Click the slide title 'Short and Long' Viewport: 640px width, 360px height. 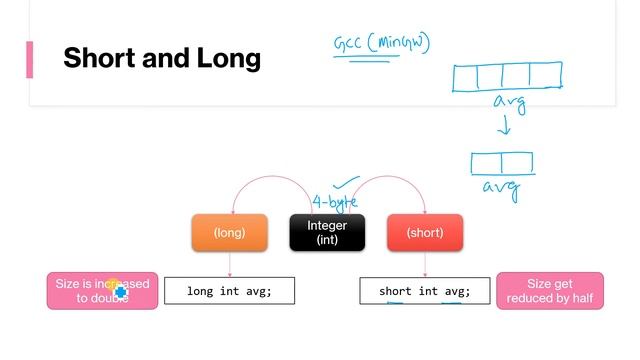161,58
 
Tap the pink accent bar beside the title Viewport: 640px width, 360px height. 29,59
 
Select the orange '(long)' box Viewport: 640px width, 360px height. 230,233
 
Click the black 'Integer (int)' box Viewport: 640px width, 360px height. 327,233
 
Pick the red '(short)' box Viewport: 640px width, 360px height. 425,233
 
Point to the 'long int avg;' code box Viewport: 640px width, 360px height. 229,291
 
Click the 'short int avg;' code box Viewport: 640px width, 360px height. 425,291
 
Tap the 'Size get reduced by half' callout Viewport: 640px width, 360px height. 550,291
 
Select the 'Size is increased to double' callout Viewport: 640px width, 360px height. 102,291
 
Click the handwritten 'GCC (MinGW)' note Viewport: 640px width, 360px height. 382,45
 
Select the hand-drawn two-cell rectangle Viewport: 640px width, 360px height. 501,163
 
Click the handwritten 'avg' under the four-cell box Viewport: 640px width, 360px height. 509,103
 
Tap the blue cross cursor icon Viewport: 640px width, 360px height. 120,292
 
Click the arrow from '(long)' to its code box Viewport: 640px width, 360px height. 230,264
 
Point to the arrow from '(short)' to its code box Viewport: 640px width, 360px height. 425,264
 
